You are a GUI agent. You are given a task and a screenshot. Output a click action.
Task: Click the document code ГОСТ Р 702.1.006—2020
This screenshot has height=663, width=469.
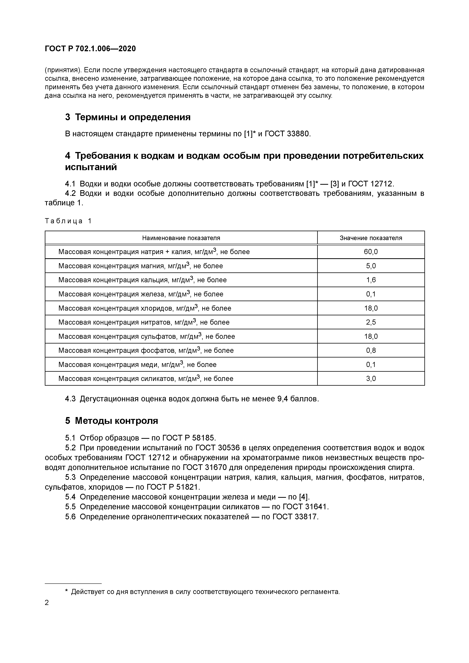tap(90, 49)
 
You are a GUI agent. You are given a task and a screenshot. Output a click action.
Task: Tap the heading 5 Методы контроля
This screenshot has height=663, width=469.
tap(112, 421)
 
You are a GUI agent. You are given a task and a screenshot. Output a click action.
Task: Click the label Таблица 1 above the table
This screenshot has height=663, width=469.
tap(68, 221)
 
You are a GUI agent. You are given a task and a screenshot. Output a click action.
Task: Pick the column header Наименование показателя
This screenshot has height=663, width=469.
tap(181, 238)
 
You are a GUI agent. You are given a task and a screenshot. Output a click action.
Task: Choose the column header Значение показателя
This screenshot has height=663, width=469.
tap(371, 238)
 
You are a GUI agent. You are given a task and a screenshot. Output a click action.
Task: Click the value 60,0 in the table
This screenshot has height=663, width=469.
tap(371, 252)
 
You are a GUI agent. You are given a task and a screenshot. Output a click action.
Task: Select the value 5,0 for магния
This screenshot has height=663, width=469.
tap(371, 266)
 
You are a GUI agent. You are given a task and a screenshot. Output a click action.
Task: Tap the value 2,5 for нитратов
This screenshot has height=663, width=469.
tap(371, 322)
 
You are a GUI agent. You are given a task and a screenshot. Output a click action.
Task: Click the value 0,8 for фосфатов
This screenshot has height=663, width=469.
tap(371, 350)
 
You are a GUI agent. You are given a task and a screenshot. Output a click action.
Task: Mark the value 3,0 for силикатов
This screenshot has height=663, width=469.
tap(371, 378)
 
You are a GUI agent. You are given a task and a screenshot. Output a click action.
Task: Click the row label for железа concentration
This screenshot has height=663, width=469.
tap(141, 294)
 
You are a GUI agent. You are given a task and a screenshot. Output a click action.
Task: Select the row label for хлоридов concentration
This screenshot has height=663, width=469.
tap(145, 308)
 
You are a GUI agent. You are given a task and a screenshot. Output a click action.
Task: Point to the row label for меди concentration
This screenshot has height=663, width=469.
tap(137, 364)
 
